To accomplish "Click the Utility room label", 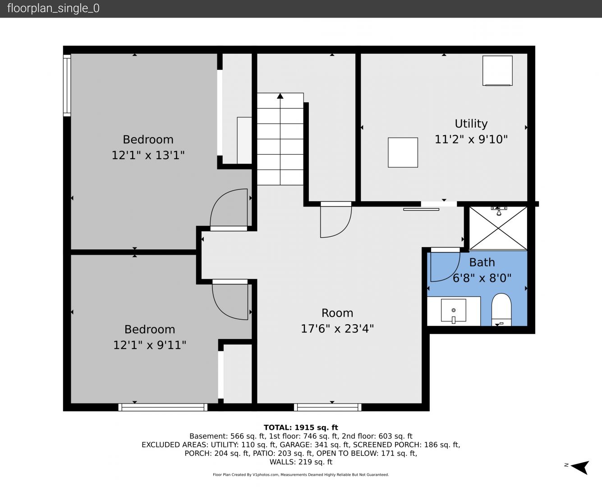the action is point(471,124).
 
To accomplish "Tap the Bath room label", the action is point(482,262).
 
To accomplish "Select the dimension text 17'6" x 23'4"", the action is point(337,329).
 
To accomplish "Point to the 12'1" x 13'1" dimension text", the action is point(148,155).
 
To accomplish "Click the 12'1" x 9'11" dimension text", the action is point(150,345).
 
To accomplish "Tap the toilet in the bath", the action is point(501,310).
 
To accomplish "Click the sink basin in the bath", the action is point(454,311).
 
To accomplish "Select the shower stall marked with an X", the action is point(498,228).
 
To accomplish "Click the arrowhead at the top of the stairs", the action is point(280,96).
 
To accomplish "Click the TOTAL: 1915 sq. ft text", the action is point(301,427).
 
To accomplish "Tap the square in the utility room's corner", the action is point(497,71).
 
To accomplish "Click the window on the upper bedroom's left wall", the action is point(67,85).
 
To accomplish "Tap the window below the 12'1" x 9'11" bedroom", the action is point(163,407).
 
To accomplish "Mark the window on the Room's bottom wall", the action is point(327,407).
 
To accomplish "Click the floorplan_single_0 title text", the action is point(53,9).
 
